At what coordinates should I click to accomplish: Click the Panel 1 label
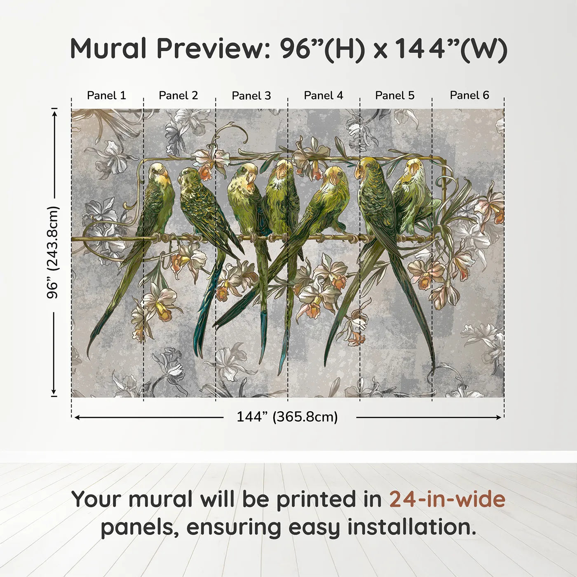(x=106, y=96)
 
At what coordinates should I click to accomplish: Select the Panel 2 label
(x=178, y=96)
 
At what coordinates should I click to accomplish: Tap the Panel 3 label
(x=251, y=96)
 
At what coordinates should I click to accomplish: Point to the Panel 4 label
(x=324, y=96)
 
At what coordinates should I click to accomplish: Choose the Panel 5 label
(x=395, y=96)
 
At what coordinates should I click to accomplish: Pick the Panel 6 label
(x=469, y=96)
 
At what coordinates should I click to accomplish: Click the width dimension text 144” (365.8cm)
(x=287, y=417)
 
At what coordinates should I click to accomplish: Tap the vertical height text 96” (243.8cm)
(x=53, y=252)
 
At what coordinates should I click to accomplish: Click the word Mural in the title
(x=108, y=49)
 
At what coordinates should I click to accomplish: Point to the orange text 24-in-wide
(x=447, y=500)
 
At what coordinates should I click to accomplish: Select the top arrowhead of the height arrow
(x=54, y=111)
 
